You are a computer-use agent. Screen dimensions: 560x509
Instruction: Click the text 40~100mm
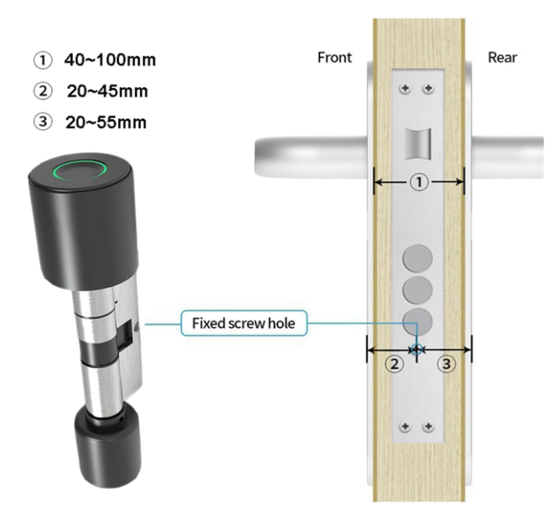coord(110,60)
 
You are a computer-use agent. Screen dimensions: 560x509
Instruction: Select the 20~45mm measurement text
coord(107,91)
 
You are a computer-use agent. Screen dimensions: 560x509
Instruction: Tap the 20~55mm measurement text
coord(106,122)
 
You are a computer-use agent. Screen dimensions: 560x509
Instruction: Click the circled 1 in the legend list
coord(43,60)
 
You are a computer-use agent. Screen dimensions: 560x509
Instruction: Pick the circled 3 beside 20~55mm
coord(43,121)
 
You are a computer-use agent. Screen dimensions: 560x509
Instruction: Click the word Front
coord(335,58)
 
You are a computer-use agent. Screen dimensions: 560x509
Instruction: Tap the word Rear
coord(502,58)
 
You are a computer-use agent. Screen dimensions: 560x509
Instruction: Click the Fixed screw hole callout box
coord(244,324)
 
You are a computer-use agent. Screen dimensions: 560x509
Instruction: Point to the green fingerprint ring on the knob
coord(80,169)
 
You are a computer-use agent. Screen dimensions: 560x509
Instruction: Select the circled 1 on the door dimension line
coord(419,182)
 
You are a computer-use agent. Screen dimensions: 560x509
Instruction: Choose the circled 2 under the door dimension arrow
coord(395,364)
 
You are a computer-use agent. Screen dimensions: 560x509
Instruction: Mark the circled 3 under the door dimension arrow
coord(447,364)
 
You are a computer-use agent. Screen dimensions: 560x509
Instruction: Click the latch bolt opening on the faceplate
coord(418,144)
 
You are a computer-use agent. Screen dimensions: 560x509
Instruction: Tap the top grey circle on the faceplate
coord(418,258)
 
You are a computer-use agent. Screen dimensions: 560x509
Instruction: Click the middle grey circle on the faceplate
coord(418,290)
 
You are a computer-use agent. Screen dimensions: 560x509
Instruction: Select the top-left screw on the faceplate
coord(405,88)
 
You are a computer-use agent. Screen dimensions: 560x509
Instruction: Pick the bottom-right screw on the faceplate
coord(428,427)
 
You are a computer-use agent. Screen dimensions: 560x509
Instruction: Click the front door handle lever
coord(312,157)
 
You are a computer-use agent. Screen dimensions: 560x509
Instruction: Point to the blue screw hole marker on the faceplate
coord(417,349)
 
